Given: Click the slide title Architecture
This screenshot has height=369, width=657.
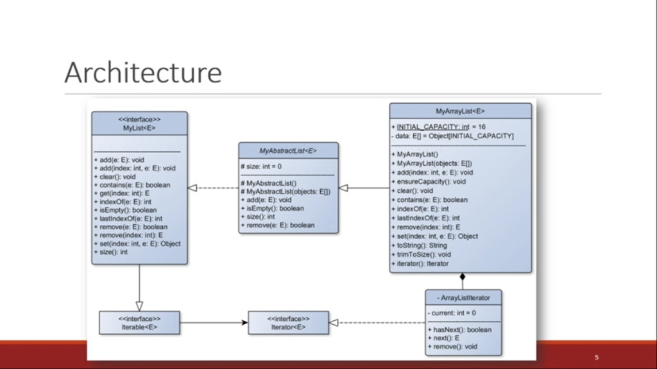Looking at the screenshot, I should pos(142,72).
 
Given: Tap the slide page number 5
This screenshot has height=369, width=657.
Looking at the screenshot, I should pos(596,357).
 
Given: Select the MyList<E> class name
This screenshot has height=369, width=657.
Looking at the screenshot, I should pos(139,127).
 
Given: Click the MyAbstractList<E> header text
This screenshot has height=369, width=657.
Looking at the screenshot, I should pos(288,151).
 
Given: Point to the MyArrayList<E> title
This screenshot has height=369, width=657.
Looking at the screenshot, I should pos(460,111).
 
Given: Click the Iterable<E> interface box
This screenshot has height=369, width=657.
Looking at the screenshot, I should pos(139,323).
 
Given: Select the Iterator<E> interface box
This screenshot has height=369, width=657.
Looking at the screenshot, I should pos(288,323).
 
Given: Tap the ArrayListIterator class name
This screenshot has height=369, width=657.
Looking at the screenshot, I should pos(463,297).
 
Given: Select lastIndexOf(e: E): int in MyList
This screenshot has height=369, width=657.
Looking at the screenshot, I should pos(131,218).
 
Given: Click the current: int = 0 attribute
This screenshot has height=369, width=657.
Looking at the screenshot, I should pos(454,313).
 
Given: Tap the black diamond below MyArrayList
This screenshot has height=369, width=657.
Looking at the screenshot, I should pos(463,278).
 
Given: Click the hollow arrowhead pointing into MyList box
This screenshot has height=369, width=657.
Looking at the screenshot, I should pos(192,188).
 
